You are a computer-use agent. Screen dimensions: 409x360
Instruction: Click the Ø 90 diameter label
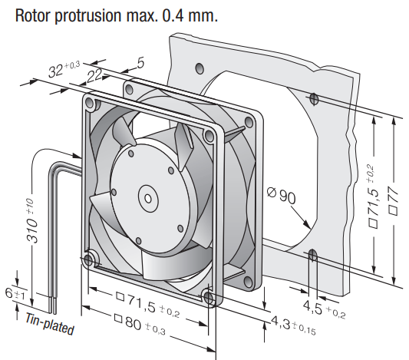click(x=282, y=195)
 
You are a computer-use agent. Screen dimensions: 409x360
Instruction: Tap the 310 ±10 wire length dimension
click(x=31, y=220)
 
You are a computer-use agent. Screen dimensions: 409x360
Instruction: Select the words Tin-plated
click(x=50, y=324)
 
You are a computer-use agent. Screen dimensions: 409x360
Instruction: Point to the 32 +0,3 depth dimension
click(x=64, y=69)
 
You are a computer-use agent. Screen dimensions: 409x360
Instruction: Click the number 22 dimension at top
click(x=94, y=76)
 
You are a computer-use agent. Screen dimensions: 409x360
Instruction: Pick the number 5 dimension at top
click(x=140, y=63)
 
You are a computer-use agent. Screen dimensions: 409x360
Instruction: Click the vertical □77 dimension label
click(x=394, y=200)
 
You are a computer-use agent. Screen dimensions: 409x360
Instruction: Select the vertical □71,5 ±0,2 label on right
click(x=372, y=197)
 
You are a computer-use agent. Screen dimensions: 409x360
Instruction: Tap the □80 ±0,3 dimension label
click(x=140, y=324)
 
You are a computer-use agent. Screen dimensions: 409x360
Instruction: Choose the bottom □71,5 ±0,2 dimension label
click(x=148, y=305)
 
